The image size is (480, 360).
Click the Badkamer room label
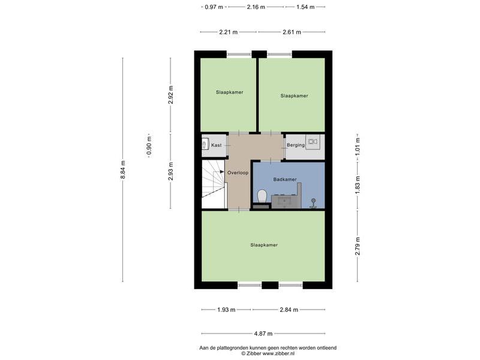pos(284,179)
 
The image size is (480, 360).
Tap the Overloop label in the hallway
pos(238,173)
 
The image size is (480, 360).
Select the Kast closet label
pos(216,145)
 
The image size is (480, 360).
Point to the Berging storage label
pos(296,145)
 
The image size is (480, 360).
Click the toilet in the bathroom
pos(262,196)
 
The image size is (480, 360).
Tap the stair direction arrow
pos(221,172)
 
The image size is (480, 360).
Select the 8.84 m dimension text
pos(123,170)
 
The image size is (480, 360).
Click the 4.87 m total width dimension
pos(263,334)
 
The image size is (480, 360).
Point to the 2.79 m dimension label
pos(357,246)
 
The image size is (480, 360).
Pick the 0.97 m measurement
pos(214,7)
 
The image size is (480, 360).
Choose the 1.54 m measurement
pos(305,7)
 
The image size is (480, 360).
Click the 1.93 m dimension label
pos(226,310)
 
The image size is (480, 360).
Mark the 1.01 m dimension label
pos(357,146)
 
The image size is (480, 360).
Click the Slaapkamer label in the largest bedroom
pos(264,245)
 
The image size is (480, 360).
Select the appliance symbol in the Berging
pos(313,142)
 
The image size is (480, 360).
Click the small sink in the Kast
pos(205,143)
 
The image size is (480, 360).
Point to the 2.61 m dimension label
pos(292,32)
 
